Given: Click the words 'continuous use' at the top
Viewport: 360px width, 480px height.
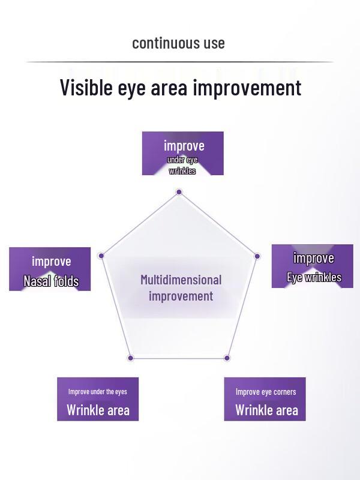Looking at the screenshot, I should (178, 43).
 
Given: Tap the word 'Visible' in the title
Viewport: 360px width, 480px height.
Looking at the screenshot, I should (86, 88).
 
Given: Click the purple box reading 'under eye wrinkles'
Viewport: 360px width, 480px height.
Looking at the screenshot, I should (182, 154).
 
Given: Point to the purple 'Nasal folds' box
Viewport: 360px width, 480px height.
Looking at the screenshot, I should (50, 269).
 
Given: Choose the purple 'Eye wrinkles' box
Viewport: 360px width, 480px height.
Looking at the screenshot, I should (312, 266).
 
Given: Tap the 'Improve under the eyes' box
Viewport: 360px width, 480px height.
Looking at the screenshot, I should (98, 399).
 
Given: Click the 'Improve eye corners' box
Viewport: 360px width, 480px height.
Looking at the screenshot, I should (265, 399).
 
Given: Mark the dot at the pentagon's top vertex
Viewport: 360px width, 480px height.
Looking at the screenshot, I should (179, 192).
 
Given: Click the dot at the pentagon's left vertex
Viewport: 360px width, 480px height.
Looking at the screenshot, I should (101, 256).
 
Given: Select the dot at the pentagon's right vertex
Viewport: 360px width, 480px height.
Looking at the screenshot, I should (257, 256).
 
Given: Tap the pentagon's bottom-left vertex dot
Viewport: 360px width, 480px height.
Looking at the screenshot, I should (131, 358).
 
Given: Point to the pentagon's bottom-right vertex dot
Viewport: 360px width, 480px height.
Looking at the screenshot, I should (227, 358).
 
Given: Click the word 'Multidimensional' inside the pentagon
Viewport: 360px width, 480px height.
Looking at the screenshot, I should (181, 280).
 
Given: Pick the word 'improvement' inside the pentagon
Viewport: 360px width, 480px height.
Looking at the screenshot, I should (181, 296).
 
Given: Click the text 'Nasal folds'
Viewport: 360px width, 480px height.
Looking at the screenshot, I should (51, 281).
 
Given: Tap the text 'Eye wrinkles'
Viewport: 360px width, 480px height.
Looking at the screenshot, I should (314, 277).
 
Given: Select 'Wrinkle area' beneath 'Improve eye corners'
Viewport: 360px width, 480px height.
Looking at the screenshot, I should (266, 410).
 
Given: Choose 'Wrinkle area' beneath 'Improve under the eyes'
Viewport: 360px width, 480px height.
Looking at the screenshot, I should (98, 410).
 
